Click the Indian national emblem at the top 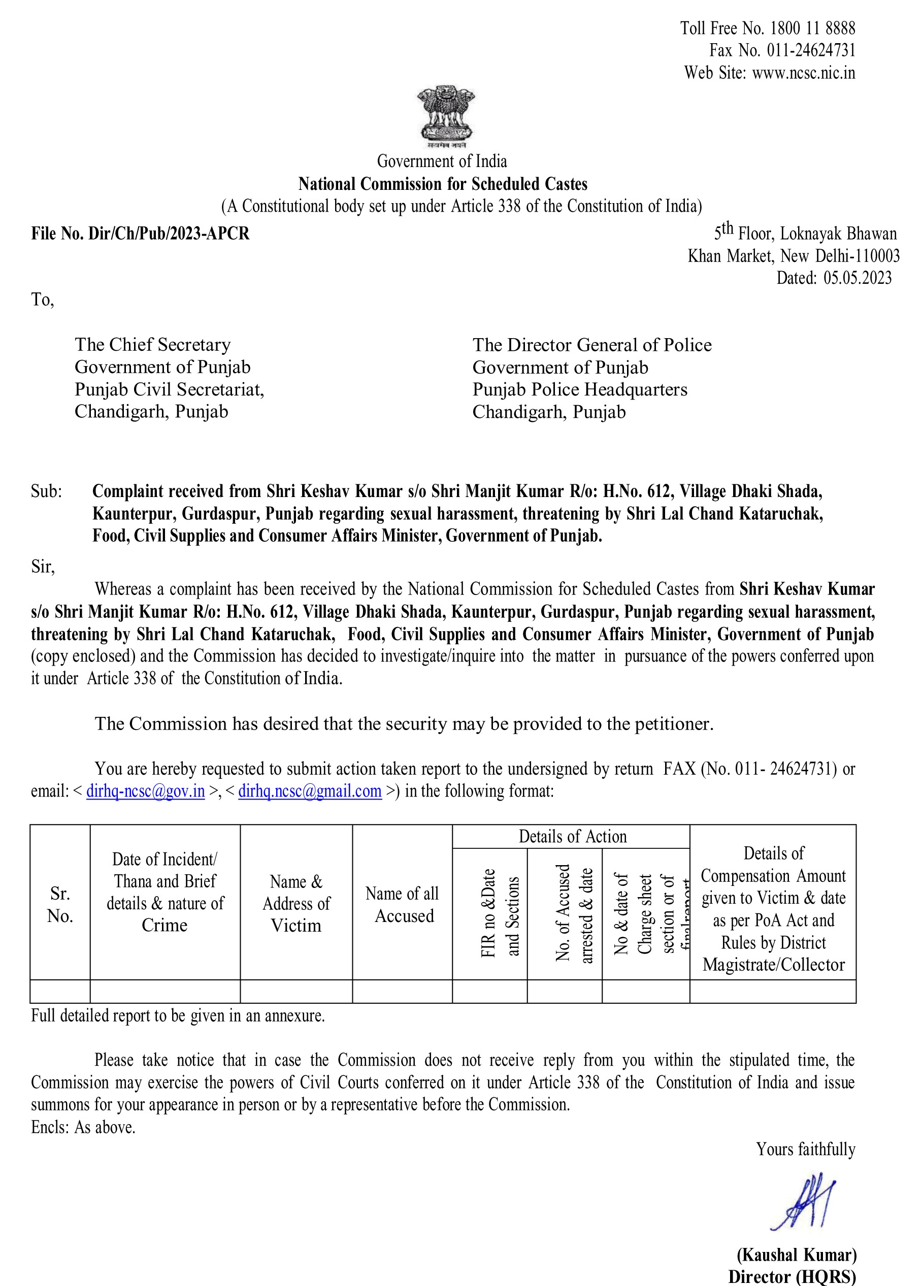(445, 116)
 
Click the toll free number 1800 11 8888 (812, 28)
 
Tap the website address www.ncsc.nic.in (803, 73)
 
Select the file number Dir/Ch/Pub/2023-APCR (169, 234)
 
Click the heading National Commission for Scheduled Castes (443, 184)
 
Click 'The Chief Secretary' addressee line (152, 345)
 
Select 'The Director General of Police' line (592, 345)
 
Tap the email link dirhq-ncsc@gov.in (145, 791)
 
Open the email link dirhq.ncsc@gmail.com (310, 791)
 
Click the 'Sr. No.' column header (60, 904)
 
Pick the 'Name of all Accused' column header (403, 904)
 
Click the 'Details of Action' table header (572, 837)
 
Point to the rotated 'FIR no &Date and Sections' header (500, 913)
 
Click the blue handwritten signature (804, 1201)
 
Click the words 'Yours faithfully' (805, 1149)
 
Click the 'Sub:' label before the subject (47, 491)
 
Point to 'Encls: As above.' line (83, 1127)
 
